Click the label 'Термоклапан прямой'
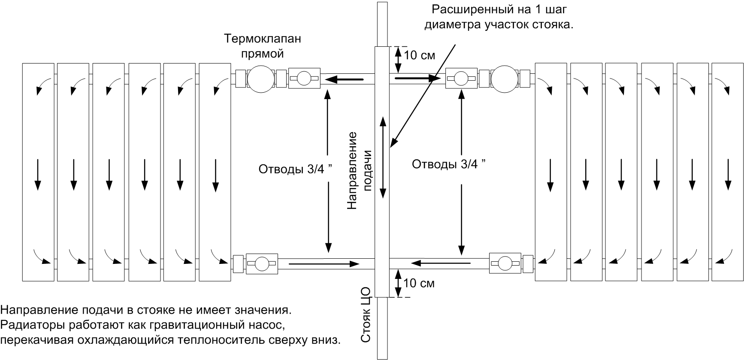coord(263,46)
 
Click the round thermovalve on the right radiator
coord(505,79)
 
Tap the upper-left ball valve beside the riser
coord(304,78)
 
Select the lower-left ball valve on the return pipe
coord(262,263)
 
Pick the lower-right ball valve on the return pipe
coord(505,263)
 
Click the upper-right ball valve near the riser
coord(461,78)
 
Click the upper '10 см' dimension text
coord(420,55)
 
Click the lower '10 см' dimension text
coord(419,283)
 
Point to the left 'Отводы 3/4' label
coord(296,169)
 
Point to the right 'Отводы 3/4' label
coord(449,164)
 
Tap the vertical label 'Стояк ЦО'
coord(365,315)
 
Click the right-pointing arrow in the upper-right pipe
coord(418,79)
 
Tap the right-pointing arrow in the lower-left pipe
coord(324,263)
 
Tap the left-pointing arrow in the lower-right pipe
coord(441,262)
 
